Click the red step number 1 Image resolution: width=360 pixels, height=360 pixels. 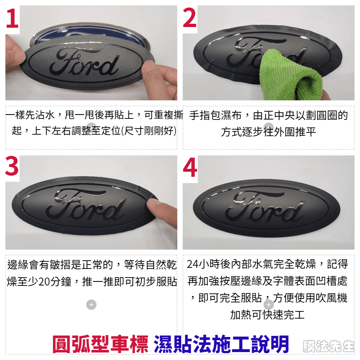coord(12,18)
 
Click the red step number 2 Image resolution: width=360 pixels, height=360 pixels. coord(190,18)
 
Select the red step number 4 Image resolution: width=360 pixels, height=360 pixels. coord(190,167)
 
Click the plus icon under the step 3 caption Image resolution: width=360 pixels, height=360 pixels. coord(91,305)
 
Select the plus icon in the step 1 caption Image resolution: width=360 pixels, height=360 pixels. coord(91,127)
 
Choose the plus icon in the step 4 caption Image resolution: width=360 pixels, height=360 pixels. coord(269,305)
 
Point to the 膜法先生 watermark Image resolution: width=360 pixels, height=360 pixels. coord(329,346)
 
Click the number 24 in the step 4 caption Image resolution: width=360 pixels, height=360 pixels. coord(193,265)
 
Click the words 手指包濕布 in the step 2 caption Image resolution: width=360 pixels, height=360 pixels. coord(216,115)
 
